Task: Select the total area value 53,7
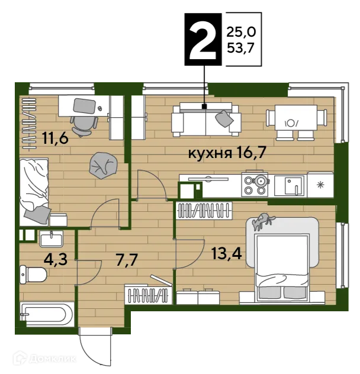240,49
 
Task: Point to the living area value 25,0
241,32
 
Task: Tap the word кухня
210,153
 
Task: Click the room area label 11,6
56,138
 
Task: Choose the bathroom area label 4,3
56,259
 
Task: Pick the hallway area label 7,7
127,259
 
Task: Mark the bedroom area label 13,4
227,253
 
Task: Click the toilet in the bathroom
33,275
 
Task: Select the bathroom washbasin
52,238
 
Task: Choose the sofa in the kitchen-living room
206,120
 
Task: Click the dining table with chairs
296,122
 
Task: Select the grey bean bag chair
104,166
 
